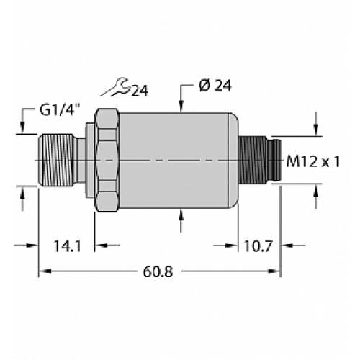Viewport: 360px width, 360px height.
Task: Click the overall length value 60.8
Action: (x=158, y=271)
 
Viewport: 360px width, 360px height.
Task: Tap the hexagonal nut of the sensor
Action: (x=106, y=160)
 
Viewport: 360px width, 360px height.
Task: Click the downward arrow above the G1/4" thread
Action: (x=23, y=129)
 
